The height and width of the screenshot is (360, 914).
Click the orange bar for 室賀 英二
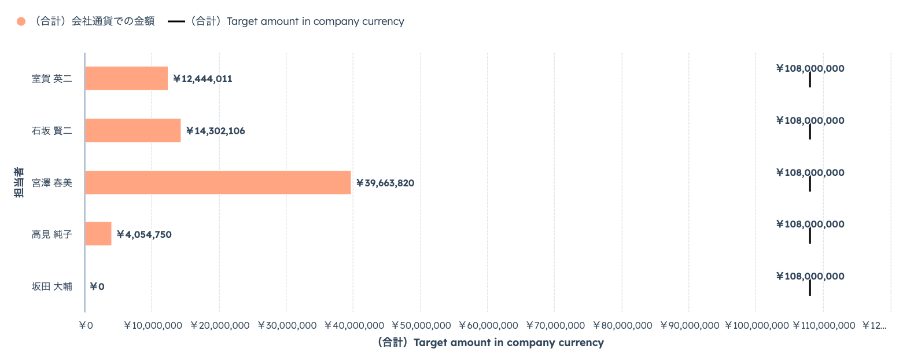coord(126,78)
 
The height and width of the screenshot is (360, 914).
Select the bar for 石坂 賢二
coord(133,130)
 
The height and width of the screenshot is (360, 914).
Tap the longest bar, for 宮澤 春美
coord(218,182)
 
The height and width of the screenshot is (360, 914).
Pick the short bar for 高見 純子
coord(98,234)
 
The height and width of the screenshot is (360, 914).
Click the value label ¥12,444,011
coord(202,79)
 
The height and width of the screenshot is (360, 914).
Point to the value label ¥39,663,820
coord(385,183)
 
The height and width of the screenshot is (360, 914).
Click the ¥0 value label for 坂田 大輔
coord(97,286)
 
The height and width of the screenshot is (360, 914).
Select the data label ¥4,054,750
coord(144,234)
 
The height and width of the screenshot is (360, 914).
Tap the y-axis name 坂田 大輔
coord(52,286)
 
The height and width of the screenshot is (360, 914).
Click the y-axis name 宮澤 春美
coord(52,183)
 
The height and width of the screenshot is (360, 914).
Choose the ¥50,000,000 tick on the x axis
coord(421,325)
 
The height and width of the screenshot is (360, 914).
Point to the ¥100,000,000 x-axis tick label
coord(757,325)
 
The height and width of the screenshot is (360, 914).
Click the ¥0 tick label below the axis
coord(86,325)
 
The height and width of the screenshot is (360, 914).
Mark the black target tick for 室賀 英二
coord(810,80)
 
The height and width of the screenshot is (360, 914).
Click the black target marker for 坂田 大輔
coord(810,288)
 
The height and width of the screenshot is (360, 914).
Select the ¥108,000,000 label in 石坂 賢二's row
coord(810,120)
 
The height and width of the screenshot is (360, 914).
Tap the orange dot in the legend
coord(21,21)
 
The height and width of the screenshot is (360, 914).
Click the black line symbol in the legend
coord(176,21)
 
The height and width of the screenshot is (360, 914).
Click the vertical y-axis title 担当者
coord(19,182)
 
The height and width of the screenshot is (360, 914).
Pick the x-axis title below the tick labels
coord(491,343)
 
